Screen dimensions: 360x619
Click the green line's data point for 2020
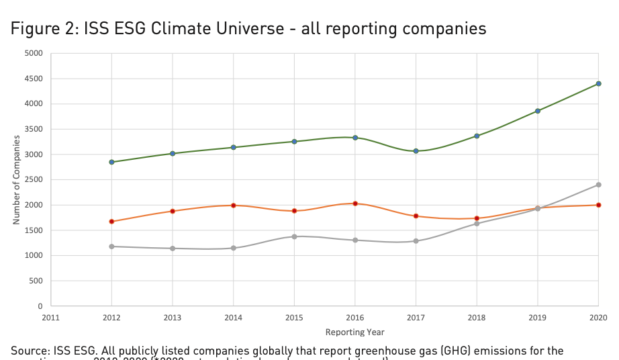pos(598,84)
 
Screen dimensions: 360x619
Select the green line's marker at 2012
pos(111,162)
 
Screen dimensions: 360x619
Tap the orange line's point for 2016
pos(355,204)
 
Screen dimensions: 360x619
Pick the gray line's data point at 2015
pos(294,236)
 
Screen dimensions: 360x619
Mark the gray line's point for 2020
pos(598,185)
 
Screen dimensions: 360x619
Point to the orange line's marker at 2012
pos(111,221)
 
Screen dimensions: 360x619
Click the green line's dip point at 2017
pos(416,151)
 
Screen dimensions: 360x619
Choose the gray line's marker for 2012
pos(111,246)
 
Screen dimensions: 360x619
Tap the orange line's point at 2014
pos(234,206)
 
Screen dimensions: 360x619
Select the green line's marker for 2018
pos(477,136)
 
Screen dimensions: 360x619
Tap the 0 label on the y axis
pos(40,306)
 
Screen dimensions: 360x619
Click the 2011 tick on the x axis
pos(51,318)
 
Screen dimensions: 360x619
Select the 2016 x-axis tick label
pos(355,318)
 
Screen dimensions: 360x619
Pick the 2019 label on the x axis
pos(538,318)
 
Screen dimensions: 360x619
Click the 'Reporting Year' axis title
pos(355,332)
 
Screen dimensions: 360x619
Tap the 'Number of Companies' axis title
pos(17,179)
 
